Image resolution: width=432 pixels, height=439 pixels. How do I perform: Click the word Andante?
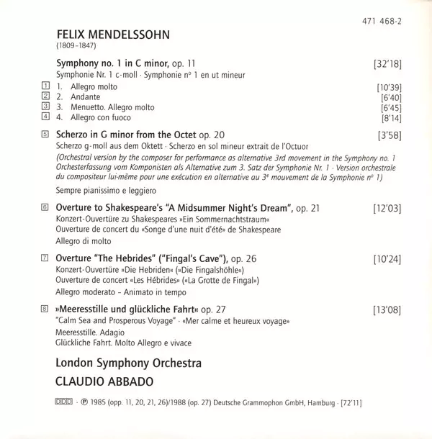tap(86, 96)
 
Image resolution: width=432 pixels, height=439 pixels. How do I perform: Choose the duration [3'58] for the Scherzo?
tap(388, 135)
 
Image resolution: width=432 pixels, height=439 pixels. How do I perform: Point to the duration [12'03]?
tap(387, 208)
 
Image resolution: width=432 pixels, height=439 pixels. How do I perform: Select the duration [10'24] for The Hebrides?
tap(387, 258)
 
